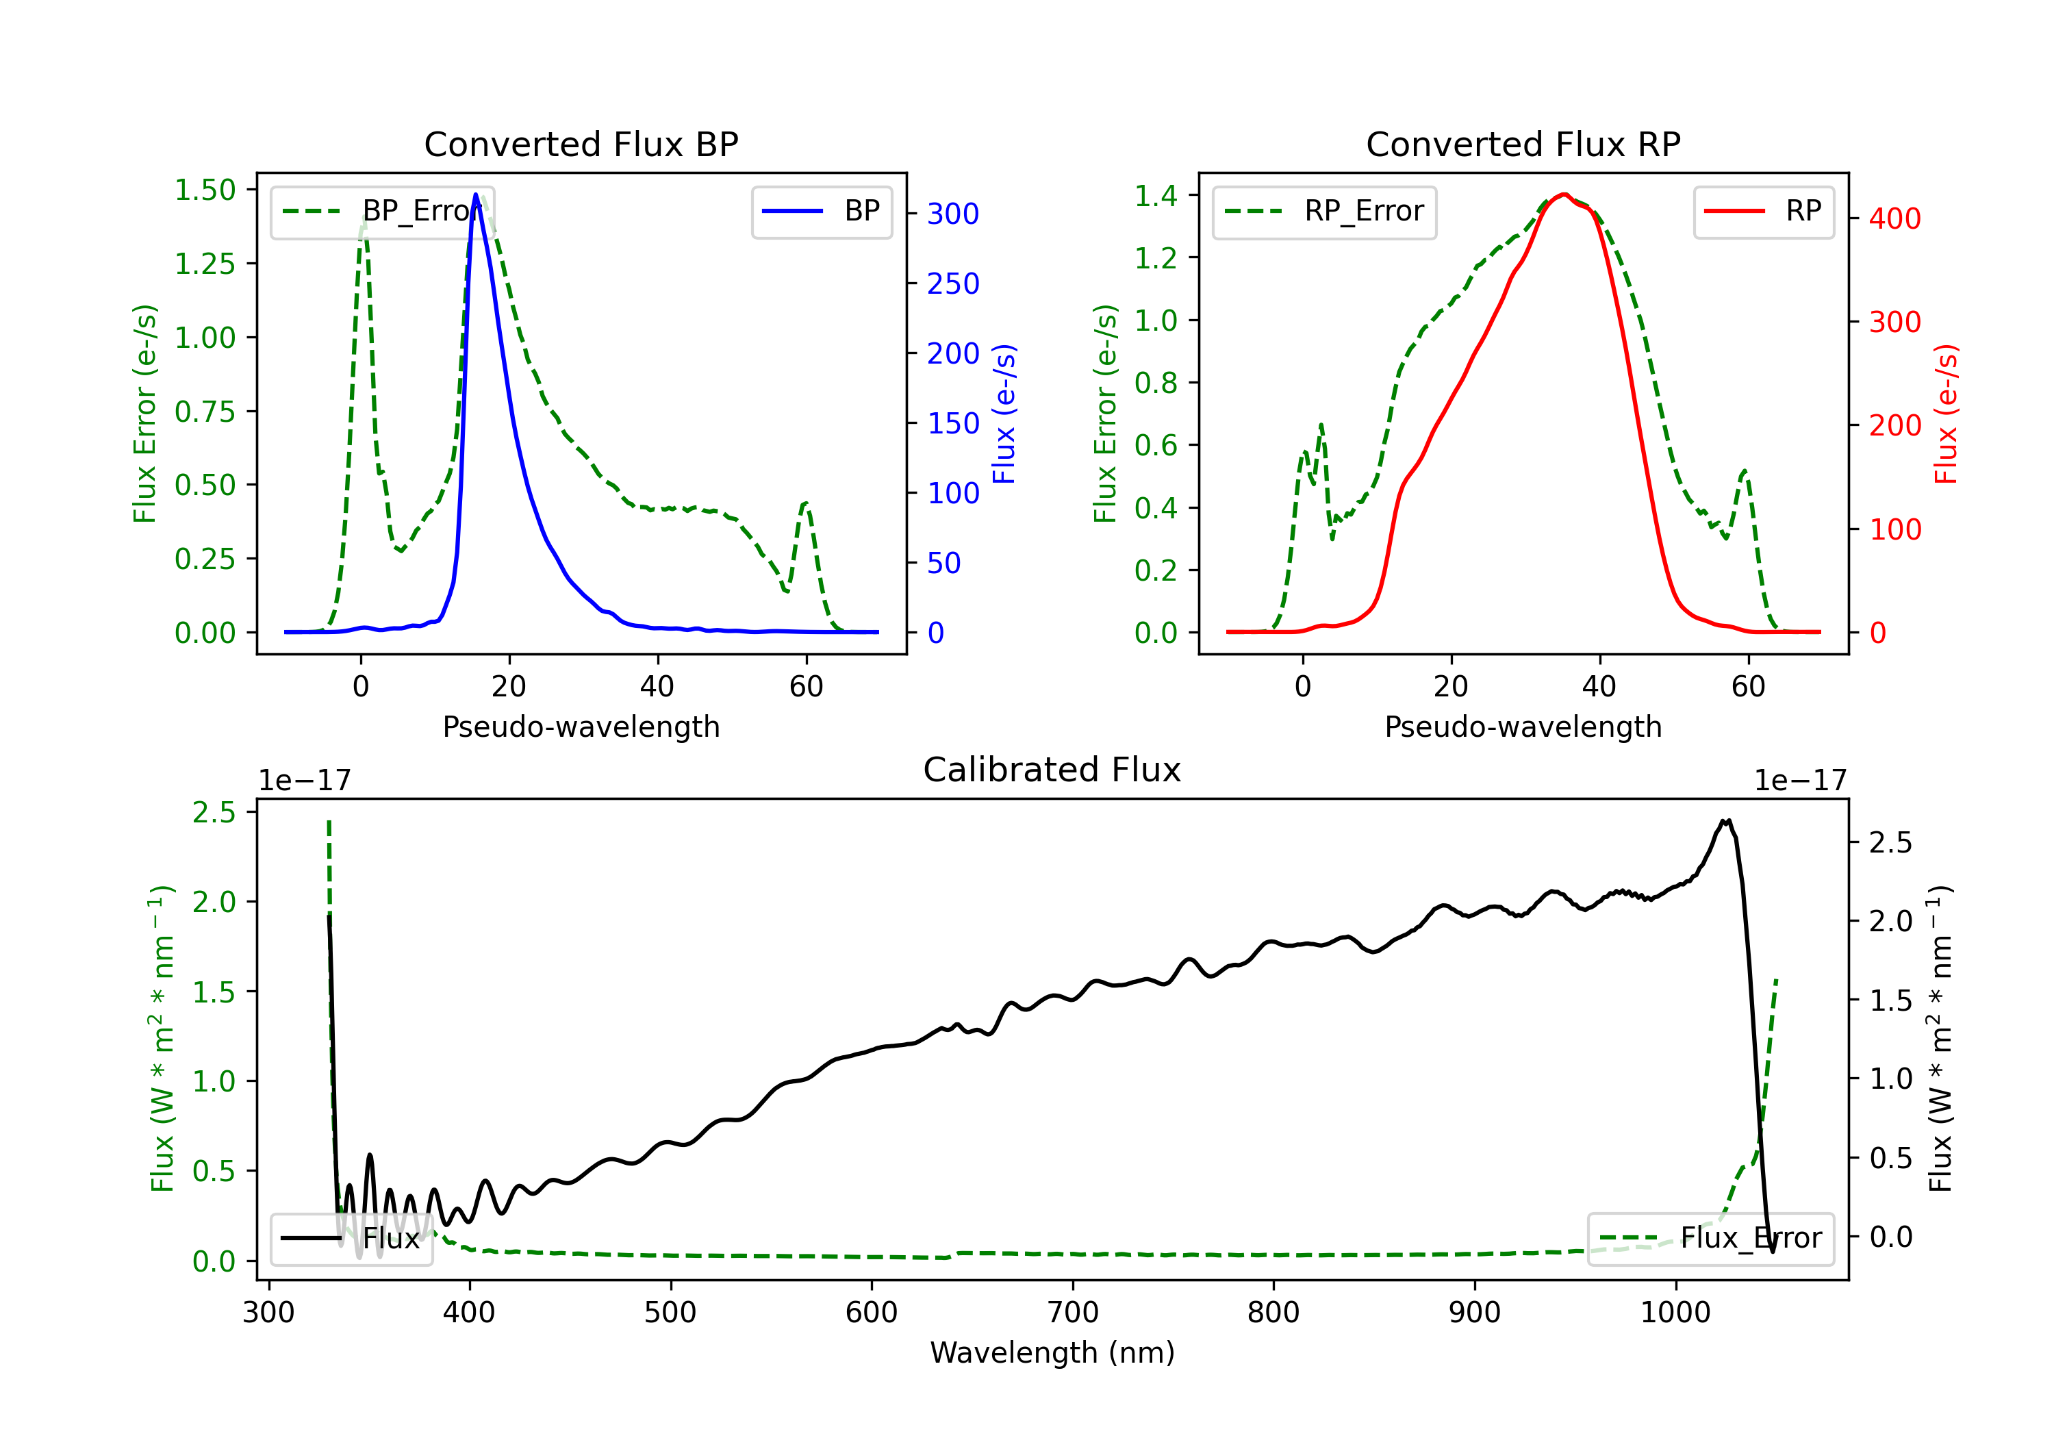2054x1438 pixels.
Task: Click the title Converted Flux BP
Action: (x=581, y=144)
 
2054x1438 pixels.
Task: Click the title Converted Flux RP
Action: (x=1523, y=144)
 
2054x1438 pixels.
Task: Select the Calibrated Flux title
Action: (x=1052, y=770)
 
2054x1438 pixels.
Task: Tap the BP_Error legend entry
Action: (x=382, y=211)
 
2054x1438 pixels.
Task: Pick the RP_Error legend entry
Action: (x=1324, y=211)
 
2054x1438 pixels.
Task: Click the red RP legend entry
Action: (x=1763, y=211)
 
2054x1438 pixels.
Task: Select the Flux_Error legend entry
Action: (x=1710, y=1239)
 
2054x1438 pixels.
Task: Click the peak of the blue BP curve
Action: (x=476, y=194)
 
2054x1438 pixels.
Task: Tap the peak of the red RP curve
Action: (x=1564, y=194)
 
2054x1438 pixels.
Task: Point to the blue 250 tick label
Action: (x=953, y=283)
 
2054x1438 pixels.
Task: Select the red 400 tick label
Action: (x=1894, y=218)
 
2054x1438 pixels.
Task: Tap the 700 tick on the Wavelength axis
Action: (x=1073, y=1313)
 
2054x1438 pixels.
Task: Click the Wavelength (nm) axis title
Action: (x=1052, y=1353)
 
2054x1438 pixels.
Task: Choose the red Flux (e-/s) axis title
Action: (x=1947, y=414)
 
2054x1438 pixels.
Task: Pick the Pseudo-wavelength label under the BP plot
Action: (x=581, y=727)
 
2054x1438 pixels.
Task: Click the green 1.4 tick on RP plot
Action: (x=1156, y=195)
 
